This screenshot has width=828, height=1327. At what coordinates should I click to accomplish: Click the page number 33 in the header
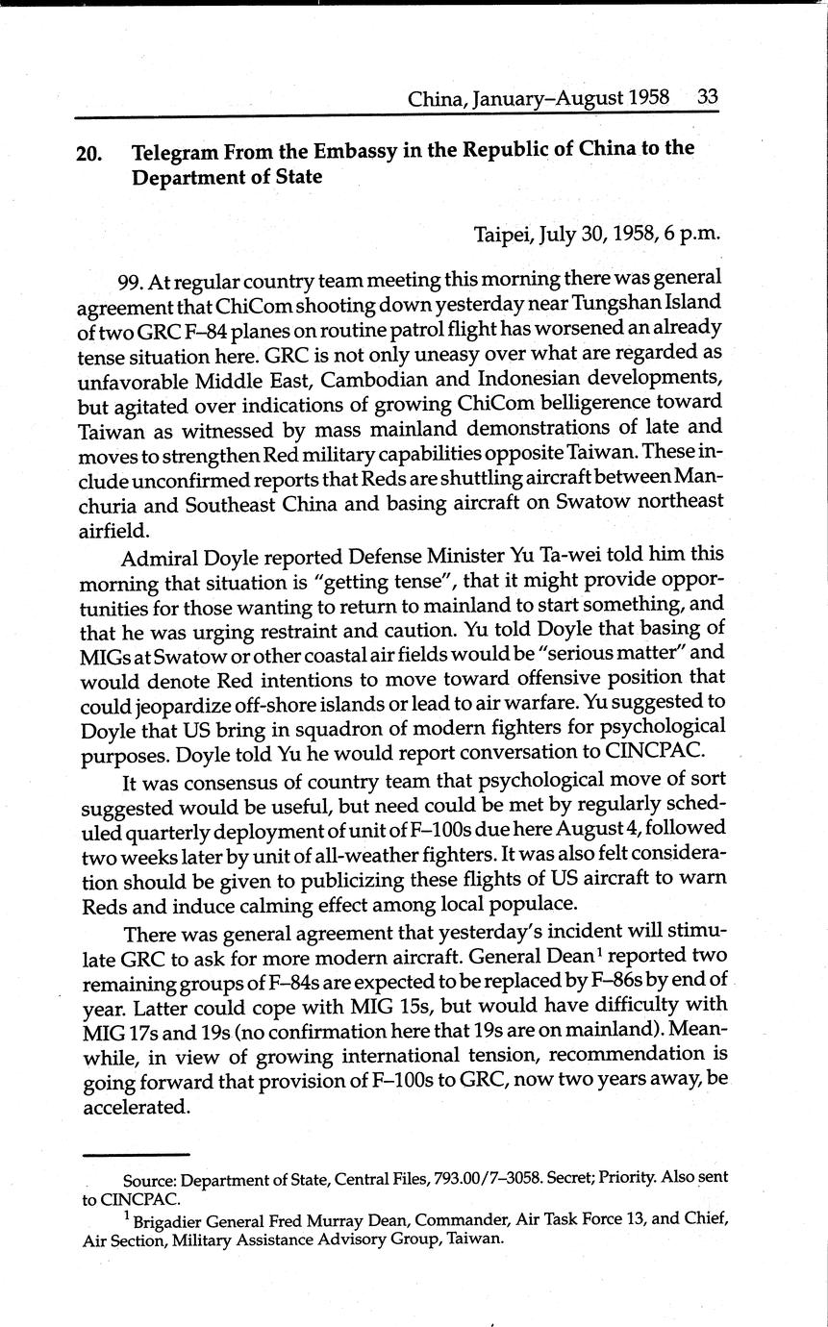(x=708, y=98)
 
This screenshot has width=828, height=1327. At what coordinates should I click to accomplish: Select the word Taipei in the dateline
(x=504, y=234)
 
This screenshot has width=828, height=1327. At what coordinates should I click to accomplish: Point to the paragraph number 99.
(x=133, y=280)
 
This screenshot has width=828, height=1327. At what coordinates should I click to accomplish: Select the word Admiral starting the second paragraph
(x=158, y=556)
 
